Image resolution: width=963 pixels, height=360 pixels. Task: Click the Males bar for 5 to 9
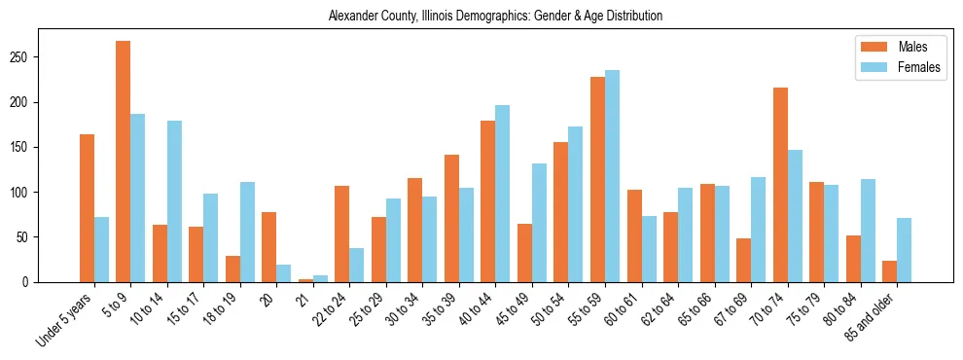[124, 162]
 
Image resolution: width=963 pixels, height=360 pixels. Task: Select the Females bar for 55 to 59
[612, 176]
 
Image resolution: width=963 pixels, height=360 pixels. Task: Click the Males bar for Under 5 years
[87, 208]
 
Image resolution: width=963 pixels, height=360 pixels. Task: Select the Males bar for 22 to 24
[342, 234]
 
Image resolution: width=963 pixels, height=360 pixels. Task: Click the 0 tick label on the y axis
[33, 282]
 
